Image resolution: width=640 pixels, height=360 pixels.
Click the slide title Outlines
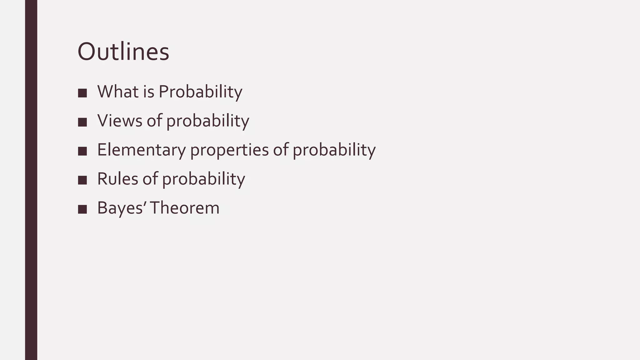123,52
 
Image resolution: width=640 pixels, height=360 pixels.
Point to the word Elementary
141,150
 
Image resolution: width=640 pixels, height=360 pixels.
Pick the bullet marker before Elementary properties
82,151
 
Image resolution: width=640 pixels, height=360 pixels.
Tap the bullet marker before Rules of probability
82,180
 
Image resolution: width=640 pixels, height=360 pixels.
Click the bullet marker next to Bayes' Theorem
82,209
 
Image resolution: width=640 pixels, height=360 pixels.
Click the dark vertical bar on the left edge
31,180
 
